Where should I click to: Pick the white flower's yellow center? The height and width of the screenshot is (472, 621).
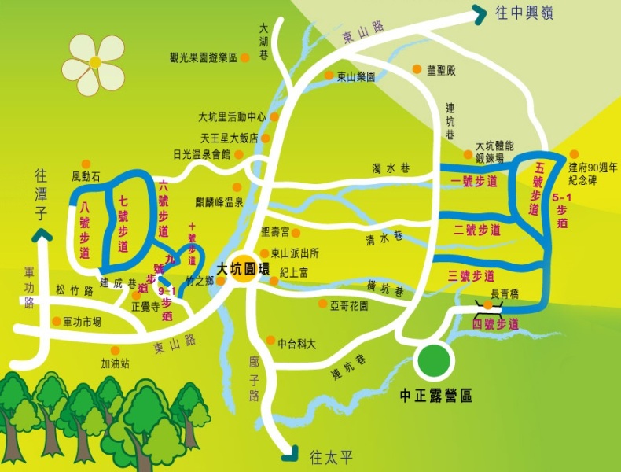pyautogui.click(x=94, y=62)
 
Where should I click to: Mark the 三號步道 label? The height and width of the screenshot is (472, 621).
pyautogui.click(x=472, y=275)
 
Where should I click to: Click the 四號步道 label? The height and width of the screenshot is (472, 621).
pyautogui.click(x=495, y=323)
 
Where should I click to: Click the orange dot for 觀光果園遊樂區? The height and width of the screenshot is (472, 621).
pyautogui.click(x=245, y=57)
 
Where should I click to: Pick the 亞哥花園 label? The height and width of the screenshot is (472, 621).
pyautogui.click(x=349, y=304)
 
